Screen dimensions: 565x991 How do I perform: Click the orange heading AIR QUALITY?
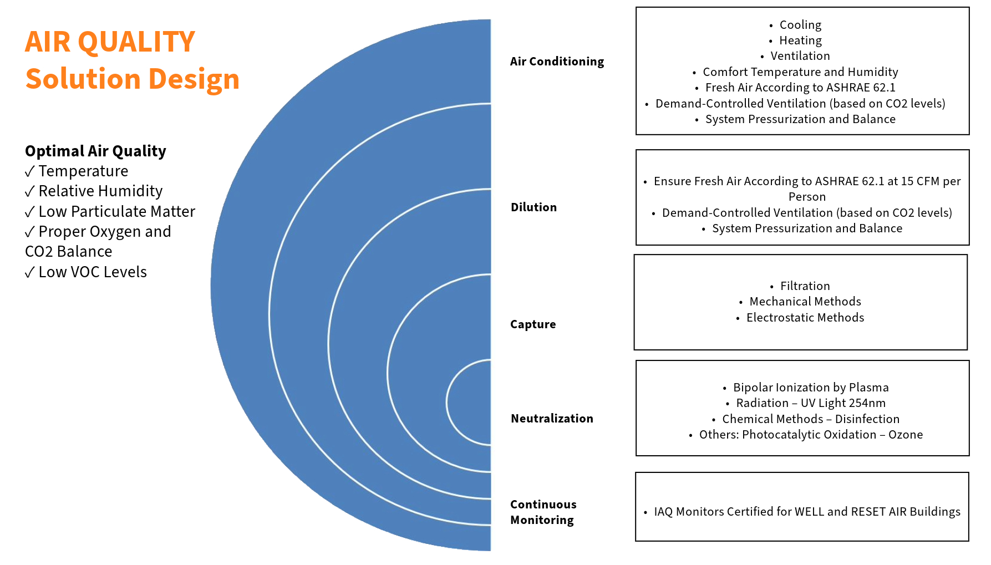110,42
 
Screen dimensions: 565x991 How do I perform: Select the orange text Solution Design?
132,79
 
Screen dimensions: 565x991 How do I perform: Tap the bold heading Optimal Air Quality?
95,151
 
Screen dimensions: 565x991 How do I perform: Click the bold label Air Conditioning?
557,62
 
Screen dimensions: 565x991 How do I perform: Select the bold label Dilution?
533,207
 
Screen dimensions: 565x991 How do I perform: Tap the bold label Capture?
532,324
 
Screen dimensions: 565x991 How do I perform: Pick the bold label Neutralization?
552,419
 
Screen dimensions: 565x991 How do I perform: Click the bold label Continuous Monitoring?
543,512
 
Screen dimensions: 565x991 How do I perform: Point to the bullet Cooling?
800,25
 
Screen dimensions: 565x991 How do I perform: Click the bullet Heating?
800,40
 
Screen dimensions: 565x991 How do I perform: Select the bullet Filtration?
805,286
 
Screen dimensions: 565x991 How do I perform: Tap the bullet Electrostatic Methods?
805,318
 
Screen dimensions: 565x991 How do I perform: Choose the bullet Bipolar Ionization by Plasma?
810,388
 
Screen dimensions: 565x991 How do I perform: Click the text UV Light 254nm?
843,403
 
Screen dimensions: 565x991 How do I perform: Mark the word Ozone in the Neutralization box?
905,435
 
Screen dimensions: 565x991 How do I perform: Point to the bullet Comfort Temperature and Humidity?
800,72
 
